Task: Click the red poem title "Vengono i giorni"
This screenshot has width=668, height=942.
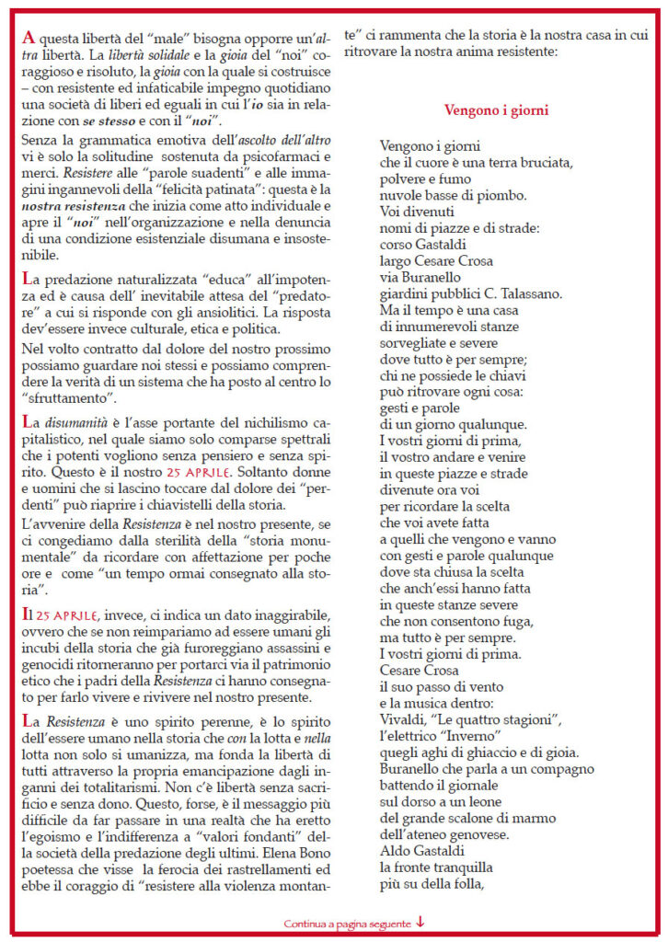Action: coord(497,110)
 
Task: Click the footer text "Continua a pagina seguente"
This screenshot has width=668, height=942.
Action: coord(348,922)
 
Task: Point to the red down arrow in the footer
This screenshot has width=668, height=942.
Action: coord(420,922)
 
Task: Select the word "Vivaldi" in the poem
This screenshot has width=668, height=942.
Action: coord(402,717)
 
